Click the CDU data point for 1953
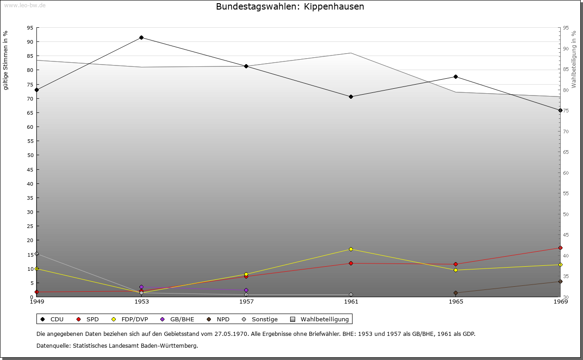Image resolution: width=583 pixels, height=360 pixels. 141,37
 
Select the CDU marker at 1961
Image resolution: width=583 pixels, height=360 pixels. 351,96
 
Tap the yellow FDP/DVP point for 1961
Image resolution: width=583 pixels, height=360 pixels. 351,249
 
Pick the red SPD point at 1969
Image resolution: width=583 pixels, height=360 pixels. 560,248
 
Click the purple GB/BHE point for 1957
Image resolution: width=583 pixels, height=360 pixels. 246,290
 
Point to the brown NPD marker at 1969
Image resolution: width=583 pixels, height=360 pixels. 560,281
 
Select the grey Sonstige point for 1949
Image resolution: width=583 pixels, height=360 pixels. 36,254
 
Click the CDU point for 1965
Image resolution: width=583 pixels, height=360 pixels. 455,76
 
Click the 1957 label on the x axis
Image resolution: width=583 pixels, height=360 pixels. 246,301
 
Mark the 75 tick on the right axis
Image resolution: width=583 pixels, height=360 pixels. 566,111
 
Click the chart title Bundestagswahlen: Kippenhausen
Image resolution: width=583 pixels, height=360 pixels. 290,6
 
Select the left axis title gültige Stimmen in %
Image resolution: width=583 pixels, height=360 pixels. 6,60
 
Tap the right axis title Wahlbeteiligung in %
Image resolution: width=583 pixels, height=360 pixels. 574,59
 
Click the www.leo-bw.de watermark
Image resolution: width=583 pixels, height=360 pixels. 25,5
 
